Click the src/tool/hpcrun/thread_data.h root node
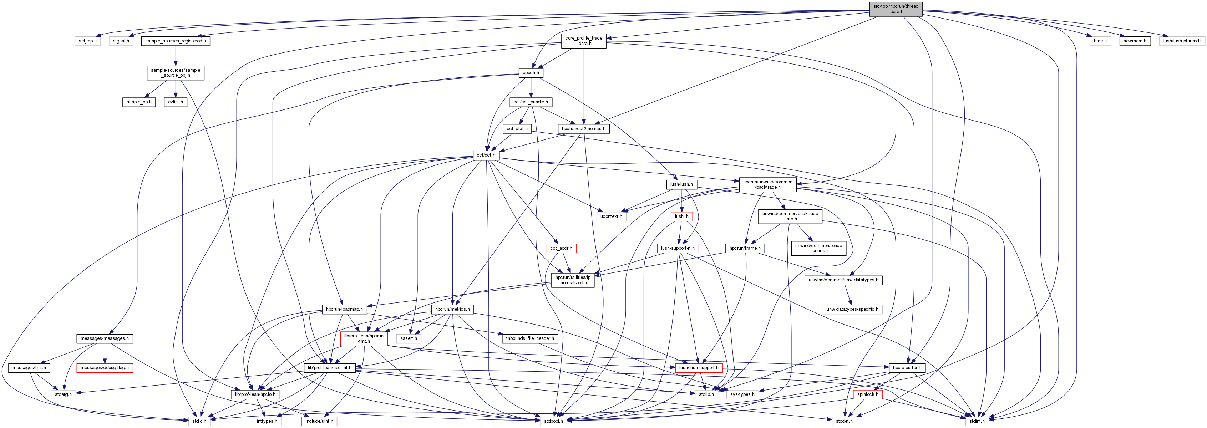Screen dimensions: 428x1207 pos(896,9)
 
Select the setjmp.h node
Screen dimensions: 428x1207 pos(88,41)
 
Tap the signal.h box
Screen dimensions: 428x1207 pos(121,41)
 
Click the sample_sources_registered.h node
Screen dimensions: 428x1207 pos(175,41)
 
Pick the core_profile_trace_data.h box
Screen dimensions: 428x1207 pos(583,41)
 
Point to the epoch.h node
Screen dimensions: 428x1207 pos(531,73)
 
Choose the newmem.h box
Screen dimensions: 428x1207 pos(1134,41)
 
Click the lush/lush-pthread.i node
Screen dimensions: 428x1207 pos(1182,41)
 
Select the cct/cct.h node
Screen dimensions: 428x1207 pos(486,155)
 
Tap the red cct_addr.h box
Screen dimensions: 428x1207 pos(561,248)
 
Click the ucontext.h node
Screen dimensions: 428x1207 pos(611,216)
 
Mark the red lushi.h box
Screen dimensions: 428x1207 pos(681,216)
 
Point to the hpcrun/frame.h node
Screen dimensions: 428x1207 pos(745,248)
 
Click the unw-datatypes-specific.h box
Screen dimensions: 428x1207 pos(852,309)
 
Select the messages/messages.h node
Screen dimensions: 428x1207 pos(105,338)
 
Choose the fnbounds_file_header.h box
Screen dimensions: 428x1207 pos(529,338)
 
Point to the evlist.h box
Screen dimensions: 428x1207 pos(176,102)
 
